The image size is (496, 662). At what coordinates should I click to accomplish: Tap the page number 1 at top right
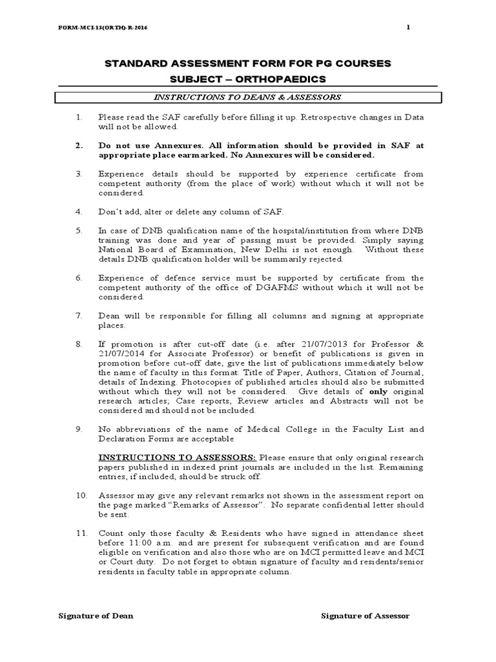(408, 27)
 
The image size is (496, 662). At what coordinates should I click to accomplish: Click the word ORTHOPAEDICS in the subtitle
(280, 79)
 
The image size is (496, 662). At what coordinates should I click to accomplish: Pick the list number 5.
(78, 230)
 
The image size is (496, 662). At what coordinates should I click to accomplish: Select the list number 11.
(79, 533)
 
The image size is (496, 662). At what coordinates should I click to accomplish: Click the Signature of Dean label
(96, 615)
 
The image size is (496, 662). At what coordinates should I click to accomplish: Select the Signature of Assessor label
(365, 615)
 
